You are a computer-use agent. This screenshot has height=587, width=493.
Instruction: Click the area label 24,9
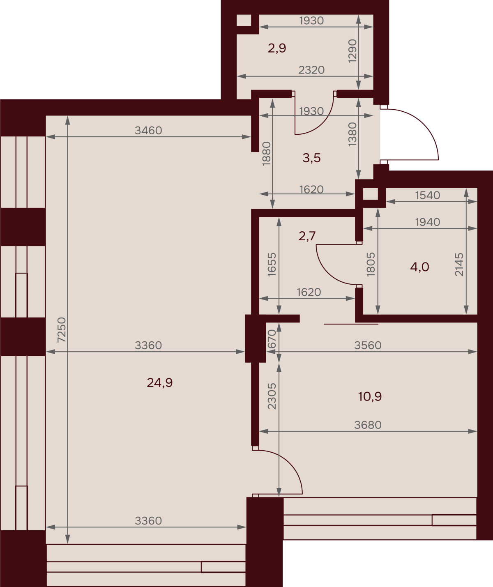point(159,383)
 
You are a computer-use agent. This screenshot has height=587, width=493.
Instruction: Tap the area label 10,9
point(370,397)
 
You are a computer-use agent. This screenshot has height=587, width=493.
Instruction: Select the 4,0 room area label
point(419,267)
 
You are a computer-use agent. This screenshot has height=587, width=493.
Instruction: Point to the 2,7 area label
point(307,236)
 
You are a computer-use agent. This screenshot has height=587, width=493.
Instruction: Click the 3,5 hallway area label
point(311,158)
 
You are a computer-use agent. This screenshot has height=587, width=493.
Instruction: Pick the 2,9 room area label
point(277,48)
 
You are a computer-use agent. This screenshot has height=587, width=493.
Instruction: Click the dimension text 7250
point(62,330)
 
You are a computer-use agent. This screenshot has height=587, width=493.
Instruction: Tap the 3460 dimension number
point(148,131)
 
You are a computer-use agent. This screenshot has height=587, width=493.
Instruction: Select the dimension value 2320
point(311,70)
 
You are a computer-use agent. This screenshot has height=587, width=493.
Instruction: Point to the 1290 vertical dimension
point(352,51)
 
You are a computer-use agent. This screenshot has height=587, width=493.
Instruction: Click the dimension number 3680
point(368,425)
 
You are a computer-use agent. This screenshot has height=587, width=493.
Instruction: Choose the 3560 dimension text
point(368,345)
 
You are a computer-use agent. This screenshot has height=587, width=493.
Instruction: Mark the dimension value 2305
point(272,396)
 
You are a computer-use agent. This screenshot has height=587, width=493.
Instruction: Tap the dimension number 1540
point(428,196)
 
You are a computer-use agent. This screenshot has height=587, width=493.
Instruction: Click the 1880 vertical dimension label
point(266,154)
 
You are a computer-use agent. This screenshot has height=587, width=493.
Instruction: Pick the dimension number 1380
point(352,134)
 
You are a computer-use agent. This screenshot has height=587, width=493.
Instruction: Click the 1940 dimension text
point(428,222)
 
